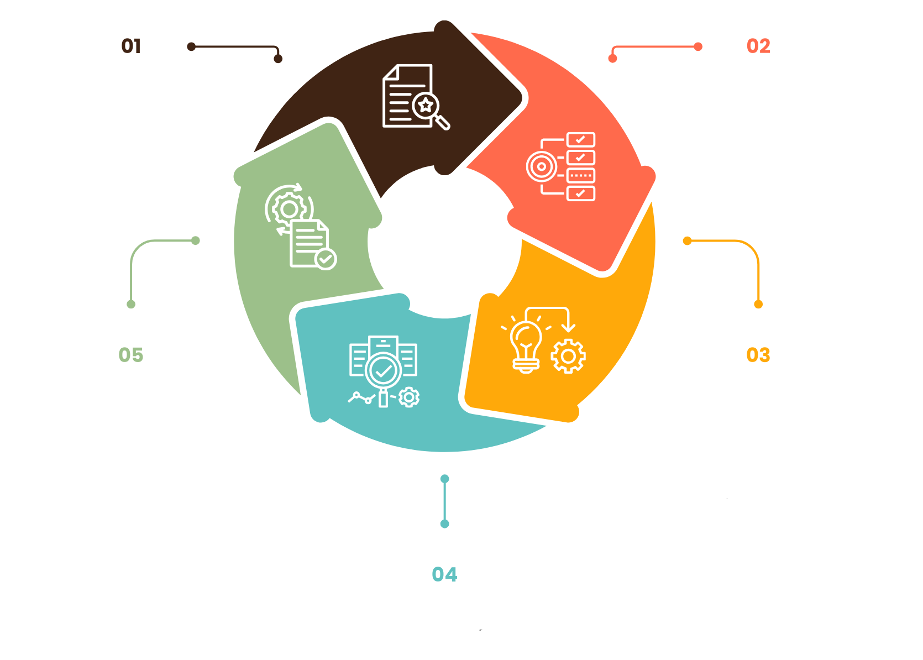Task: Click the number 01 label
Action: point(131,46)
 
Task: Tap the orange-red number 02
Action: point(758,46)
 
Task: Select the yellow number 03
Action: point(758,355)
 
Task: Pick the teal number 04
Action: point(444,574)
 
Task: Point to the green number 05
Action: point(131,355)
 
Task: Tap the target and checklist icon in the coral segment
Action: point(560,166)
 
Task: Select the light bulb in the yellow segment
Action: point(526,346)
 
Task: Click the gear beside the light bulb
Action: point(568,357)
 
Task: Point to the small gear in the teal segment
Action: point(409,397)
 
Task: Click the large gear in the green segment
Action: point(289,209)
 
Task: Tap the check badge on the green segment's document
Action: point(326,259)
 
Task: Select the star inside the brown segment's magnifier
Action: point(426,105)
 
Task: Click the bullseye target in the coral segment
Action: point(542,166)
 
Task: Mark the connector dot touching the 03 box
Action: point(758,304)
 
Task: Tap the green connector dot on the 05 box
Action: point(131,304)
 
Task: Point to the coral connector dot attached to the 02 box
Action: point(698,46)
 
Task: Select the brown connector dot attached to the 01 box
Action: point(191,46)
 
